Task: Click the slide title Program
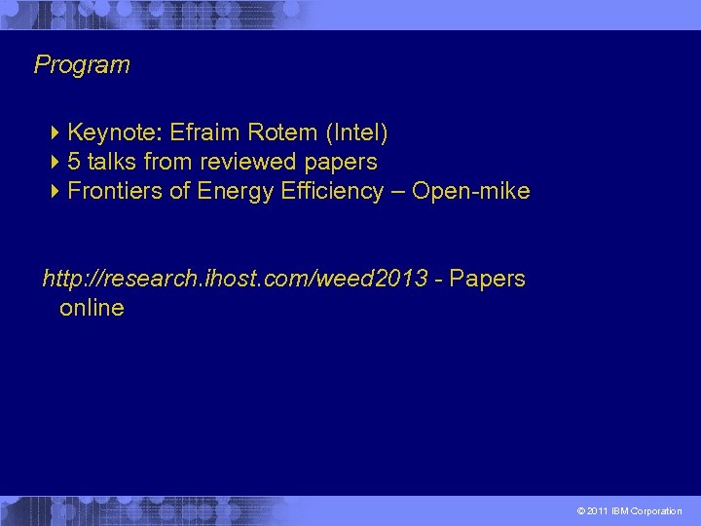[82, 65]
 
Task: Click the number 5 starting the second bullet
[74, 161]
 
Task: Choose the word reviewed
[247, 161]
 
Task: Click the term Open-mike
[471, 191]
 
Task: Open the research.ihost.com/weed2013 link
[235, 280]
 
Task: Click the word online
[92, 309]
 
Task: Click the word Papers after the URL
[488, 280]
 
